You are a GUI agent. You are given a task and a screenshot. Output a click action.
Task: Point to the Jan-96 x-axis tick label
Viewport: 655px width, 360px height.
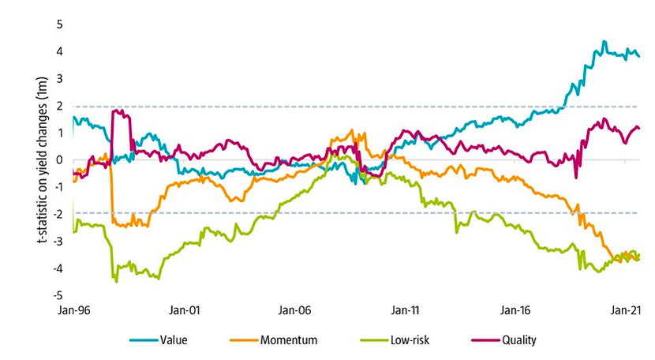point(74,310)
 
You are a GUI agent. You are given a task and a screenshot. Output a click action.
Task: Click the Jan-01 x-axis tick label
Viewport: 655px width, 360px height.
point(184,310)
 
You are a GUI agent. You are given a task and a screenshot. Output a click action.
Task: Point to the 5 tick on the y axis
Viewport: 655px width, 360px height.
point(58,24)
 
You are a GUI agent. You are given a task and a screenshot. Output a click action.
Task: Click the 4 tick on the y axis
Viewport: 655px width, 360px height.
point(58,51)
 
